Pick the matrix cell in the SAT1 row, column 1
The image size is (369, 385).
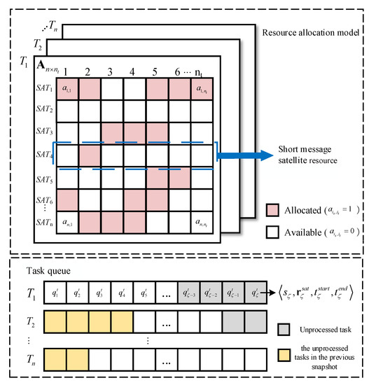pos(68,87)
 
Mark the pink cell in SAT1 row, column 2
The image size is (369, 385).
pos(90,87)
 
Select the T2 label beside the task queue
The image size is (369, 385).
pos(27,321)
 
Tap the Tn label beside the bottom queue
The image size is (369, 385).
pos(27,365)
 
